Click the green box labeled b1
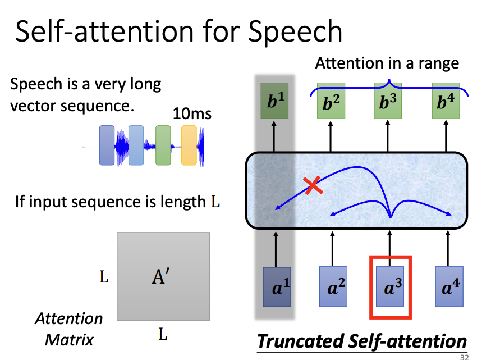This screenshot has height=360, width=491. (274, 103)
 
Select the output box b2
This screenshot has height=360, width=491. (332, 103)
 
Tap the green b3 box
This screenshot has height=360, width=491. (388, 103)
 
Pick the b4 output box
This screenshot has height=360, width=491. (446, 103)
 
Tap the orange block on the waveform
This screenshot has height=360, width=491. (189, 145)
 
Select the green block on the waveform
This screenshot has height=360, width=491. (163, 145)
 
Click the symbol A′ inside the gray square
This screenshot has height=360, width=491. (161, 276)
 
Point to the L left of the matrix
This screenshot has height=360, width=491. (104, 277)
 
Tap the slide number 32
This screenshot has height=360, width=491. (464, 356)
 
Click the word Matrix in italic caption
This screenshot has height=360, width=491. (69, 339)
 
